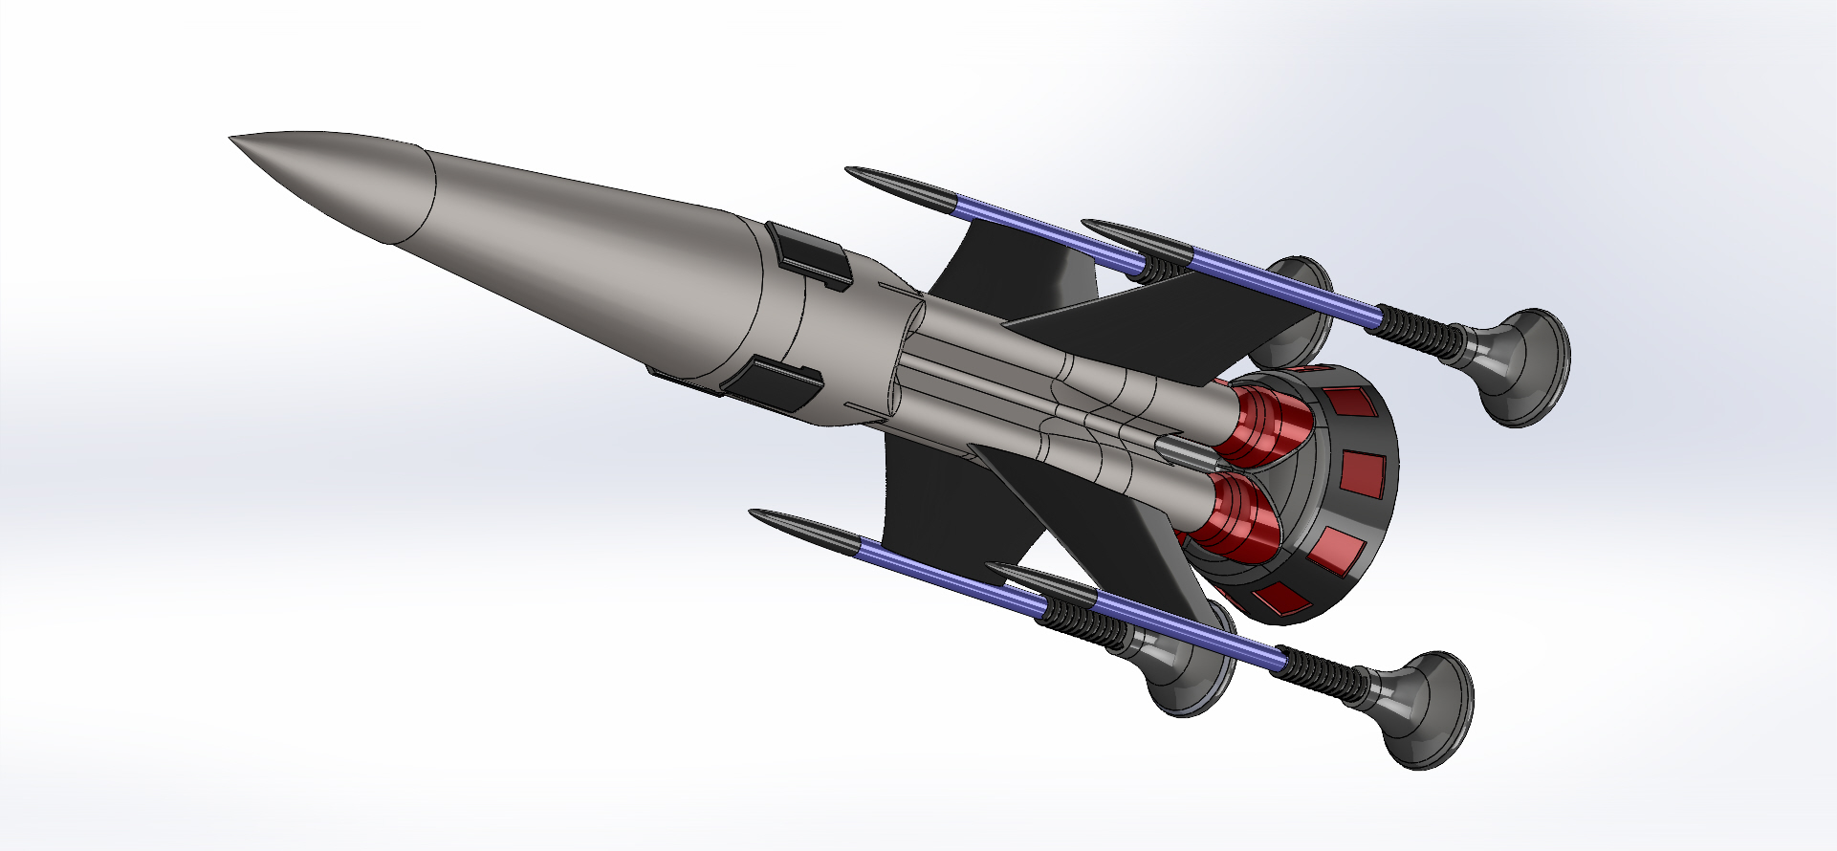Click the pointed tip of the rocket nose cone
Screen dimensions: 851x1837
point(231,139)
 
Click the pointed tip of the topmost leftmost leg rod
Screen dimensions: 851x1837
point(849,170)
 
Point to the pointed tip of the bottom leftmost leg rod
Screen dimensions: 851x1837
point(753,513)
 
